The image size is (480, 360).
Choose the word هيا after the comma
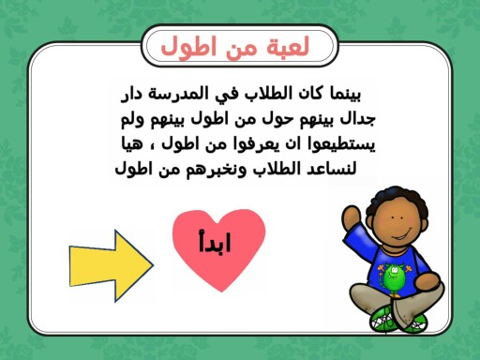point(143,145)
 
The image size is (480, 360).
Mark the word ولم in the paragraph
point(134,120)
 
